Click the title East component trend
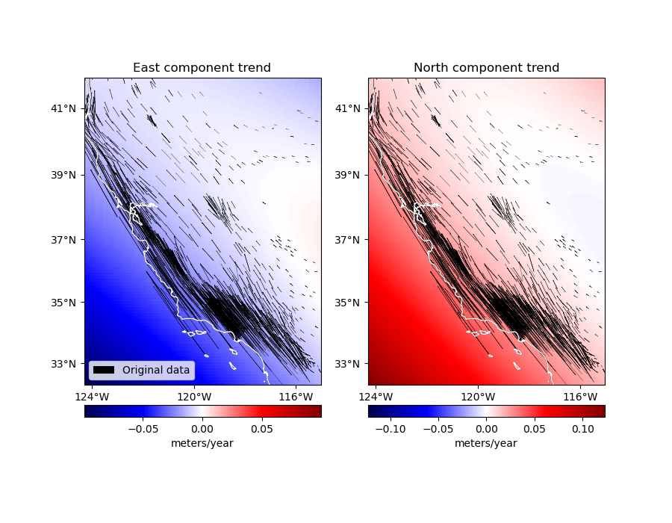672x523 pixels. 202,68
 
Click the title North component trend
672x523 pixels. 486,68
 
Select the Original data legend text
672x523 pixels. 156,370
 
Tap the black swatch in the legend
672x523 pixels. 104,370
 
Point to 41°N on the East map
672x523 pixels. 63,108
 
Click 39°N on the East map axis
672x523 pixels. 63,175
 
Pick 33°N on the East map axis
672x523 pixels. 63,364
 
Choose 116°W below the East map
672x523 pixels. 296,396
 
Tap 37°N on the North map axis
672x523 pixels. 346,240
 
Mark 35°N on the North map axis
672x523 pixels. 346,303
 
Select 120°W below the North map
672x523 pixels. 478,396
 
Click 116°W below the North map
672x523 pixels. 579,396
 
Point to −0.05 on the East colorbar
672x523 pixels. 140,430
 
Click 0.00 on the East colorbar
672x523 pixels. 202,430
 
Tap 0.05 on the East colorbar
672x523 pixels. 262,430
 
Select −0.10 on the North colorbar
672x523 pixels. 388,430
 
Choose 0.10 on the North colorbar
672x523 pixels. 583,430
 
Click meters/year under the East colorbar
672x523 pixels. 202,443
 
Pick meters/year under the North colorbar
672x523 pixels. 486,443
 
